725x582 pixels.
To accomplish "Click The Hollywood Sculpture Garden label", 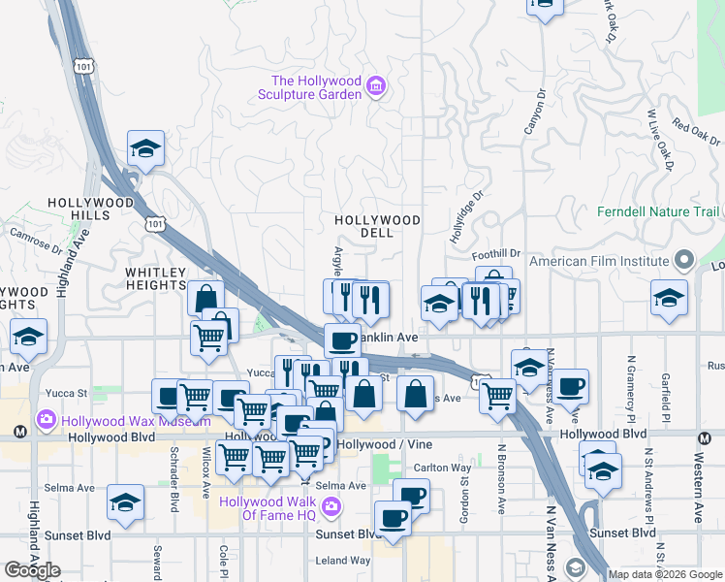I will click(315, 87).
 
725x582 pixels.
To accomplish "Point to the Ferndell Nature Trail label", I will click(658, 211).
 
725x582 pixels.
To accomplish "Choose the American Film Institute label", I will click(600, 261).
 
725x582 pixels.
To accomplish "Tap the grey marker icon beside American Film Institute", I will click(685, 260).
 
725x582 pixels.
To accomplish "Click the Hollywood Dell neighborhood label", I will click(377, 227).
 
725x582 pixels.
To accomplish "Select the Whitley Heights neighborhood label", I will click(155, 279).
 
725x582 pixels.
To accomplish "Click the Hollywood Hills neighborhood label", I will click(89, 209).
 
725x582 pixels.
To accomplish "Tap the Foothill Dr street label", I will click(496, 254).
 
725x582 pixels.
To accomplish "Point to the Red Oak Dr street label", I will click(696, 132).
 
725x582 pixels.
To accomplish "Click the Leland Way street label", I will click(343, 561).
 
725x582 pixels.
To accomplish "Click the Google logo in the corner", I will click(33, 569).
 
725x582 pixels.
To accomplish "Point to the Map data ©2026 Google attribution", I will click(664, 574).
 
